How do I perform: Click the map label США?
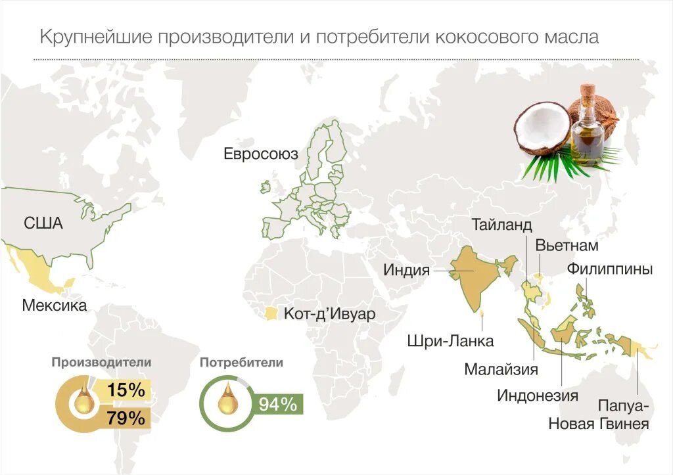pyautogui.click(x=43, y=223)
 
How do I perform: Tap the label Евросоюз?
pyautogui.click(x=261, y=154)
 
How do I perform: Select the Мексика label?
pyautogui.click(x=54, y=305)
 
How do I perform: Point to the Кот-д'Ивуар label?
pyautogui.click(x=329, y=314)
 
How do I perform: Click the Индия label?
pyautogui.click(x=407, y=270)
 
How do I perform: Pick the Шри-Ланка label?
pyautogui.click(x=450, y=342)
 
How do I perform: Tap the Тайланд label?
pyautogui.click(x=501, y=225)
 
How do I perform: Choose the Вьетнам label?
pyautogui.click(x=567, y=246)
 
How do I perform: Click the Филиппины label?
pyautogui.click(x=610, y=269)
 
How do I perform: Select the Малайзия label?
pyautogui.click(x=501, y=369)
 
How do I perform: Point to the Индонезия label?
pyautogui.click(x=538, y=396)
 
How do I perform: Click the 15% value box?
pyautogui.click(x=126, y=390)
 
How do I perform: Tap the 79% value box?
pyautogui.click(x=126, y=418)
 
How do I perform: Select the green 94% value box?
pyautogui.click(x=277, y=404)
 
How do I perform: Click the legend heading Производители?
pyautogui.click(x=102, y=362)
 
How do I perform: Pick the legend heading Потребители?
pyautogui.click(x=241, y=362)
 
